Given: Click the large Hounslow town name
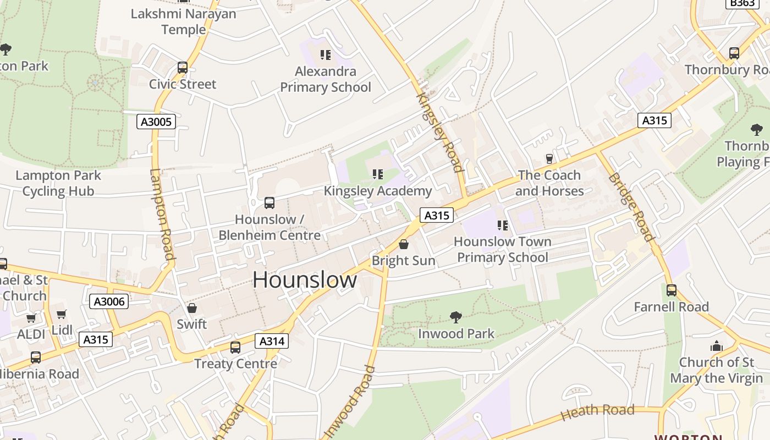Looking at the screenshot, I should pos(305,280).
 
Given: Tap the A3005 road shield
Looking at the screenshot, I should pos(156,122).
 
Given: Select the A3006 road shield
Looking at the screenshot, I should pos(109,301).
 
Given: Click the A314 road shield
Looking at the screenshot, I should pos(272,342).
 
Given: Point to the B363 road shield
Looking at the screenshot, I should pos(743,3).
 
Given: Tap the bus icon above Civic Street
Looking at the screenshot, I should pos(183,68).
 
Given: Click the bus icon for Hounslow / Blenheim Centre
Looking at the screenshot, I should pos(269,203).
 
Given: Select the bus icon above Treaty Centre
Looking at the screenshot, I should pos(235,348).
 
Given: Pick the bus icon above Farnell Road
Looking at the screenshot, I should pos(672,290).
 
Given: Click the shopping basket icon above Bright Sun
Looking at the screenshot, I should pos(404,244).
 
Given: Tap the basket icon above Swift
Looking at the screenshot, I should pos(192,308).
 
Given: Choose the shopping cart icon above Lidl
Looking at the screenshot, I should pos(62,315).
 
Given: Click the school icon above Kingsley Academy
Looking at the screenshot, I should pos(378,175).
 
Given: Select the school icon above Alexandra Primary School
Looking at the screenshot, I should pos(326,55).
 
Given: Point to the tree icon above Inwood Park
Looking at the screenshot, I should pos(456,317).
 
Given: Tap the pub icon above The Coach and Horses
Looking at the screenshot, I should pos(549,159).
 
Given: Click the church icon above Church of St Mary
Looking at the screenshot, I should pos(716,346).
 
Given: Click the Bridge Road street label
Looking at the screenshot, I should pos(631,207).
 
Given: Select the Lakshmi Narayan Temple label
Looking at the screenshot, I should pos(183,21).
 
